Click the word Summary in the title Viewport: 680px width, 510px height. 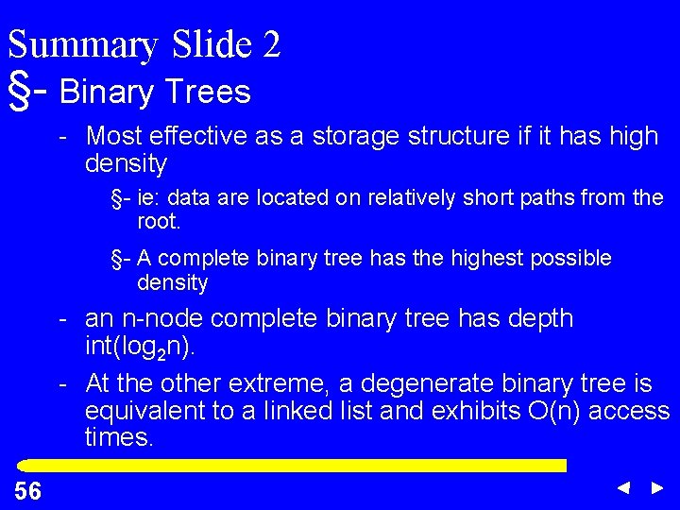[x=82, y=45]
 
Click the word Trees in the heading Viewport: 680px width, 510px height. [x=207, y=92]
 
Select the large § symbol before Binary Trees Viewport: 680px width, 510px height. [x=18, y=90]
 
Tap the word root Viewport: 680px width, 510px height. [x=157, y=221]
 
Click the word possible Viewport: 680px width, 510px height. [x=571, y=259]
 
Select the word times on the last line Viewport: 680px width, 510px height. [x=117, y=439]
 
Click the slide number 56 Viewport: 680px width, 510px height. [x=27, y=490]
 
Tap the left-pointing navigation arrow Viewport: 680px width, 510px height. [x=623, y=488]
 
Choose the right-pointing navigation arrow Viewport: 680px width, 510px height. [x=657, y=488]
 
